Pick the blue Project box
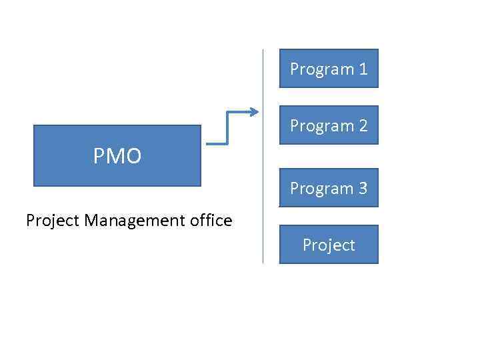pos(329,244)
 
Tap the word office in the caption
pos(210,220)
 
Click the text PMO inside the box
pos(117,157)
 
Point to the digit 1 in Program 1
pos(363,69)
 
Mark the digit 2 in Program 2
pos(363,126)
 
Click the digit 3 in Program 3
pos(363,189)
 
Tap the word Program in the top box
pos(322,69)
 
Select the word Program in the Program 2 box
pos(322,126)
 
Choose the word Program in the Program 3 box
pos(322,189)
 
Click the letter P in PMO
pos(99,157)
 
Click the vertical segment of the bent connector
pos(227,128)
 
